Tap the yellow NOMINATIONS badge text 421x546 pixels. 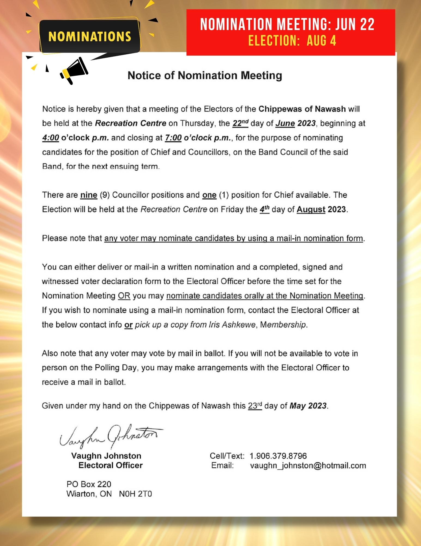tap(90, 37)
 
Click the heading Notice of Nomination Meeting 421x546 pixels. tap(205, 76)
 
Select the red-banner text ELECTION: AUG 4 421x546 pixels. tap(292, 41)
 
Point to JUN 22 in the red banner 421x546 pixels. tap(355, 24)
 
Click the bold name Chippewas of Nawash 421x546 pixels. tap(302, 109)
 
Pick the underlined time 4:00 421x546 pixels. tap(50, 138)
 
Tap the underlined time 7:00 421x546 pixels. tap(173, 138)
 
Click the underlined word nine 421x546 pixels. tap(89, 195)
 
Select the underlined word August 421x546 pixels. tap(311, 209)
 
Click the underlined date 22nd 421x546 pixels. tap(240, 123)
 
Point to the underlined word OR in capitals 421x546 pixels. tap(124, 296)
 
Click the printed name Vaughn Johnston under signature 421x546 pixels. tap(106, 456)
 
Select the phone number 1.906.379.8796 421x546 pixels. tap(278, 456)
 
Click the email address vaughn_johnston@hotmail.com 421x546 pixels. tap(308, 465)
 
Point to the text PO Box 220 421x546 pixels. tap(89, 484)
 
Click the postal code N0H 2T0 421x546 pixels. tap(135, 494)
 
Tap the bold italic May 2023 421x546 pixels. tap(308, 406)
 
